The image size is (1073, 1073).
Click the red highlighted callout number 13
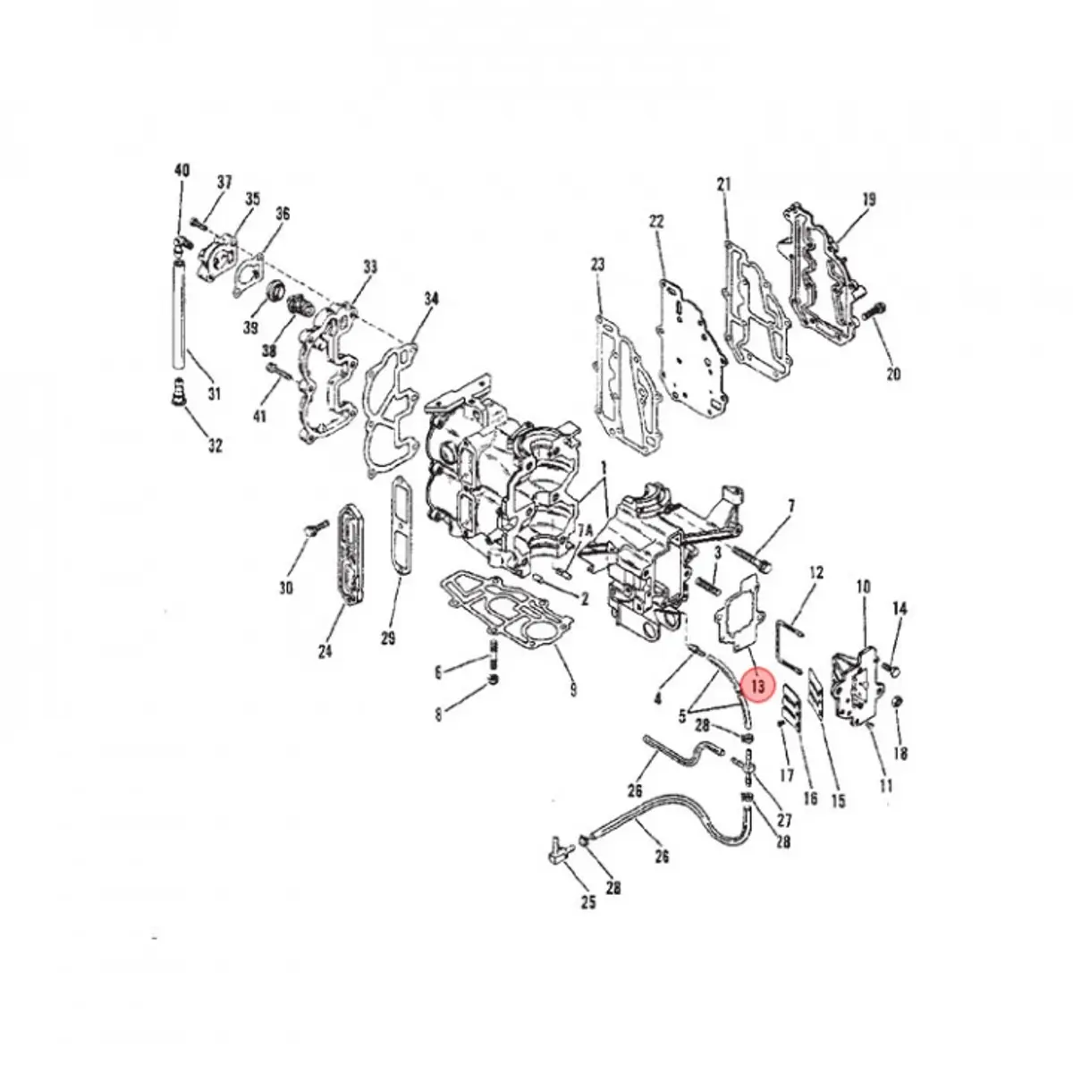pyautogui.click(x=758, y=686)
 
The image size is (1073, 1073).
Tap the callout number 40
pyautogui.click(x=182, y=170)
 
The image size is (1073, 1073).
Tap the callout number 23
pyautogui.click(x=597, y=264)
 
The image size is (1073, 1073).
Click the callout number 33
pyautogui.click(x=369, y=266)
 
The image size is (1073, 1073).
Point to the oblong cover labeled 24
pyautogui.click(x=350, y=555)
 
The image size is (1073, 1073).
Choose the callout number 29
pyautogui.click(x=387, y=638)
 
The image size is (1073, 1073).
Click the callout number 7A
pyautogui.click(x=585, y=531)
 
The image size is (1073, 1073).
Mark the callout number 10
pyautogui.click(x=863, y=587)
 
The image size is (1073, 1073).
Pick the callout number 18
pyautogui.click(x=900, y=754)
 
